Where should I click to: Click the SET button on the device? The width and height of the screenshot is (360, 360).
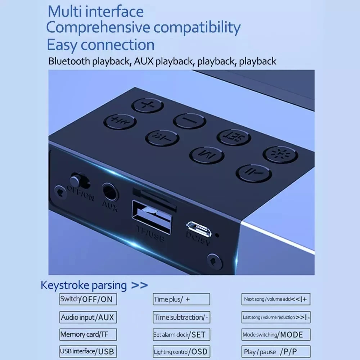point(234,137)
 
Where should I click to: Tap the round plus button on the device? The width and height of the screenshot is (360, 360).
point(147,105)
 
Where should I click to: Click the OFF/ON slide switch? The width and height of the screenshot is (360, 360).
point(75,179)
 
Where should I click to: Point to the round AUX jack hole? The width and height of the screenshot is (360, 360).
point(110,192)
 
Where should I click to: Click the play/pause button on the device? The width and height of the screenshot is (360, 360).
point(253,173)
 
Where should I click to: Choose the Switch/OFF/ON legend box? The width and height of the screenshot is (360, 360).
point(88,299)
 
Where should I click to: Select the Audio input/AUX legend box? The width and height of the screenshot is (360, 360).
point(88,317)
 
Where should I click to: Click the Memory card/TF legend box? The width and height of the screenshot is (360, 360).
point(88,334)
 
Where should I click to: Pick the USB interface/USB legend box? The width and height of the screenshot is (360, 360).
point(88,351)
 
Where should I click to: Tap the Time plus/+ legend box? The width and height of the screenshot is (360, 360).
point(181,299)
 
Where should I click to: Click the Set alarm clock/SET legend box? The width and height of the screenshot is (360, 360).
point(181,334)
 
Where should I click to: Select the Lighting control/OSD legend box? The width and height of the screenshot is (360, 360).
point(181,352)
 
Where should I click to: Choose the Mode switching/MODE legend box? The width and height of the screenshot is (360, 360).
point(275,334)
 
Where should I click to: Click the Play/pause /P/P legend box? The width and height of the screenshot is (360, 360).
point(275,352)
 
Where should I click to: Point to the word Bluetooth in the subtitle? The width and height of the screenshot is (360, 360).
point(69,61)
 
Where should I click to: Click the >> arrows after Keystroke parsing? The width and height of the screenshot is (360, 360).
point(139,285)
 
